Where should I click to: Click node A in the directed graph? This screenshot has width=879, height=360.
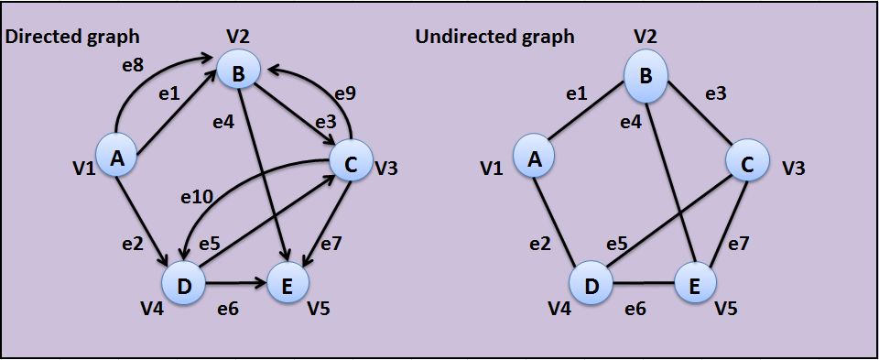[x=116, y=158]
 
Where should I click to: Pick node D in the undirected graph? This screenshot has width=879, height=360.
[x=591, y=286]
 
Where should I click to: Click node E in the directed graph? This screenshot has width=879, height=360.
[x=288, y=286]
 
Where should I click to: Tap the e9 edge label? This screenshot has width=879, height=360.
[x=344, y=93]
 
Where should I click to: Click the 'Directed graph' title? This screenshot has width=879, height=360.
[x=73, y=37]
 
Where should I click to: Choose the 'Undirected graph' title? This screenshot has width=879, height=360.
[x=494, y=37]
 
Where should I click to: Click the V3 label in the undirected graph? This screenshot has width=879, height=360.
[x=794, y=169]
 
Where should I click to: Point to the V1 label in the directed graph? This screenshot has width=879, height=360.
[x=83, y=169]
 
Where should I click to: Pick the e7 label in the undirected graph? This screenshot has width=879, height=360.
[x=737, y=245]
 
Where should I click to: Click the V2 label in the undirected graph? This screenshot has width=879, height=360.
[x=646, y=37]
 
